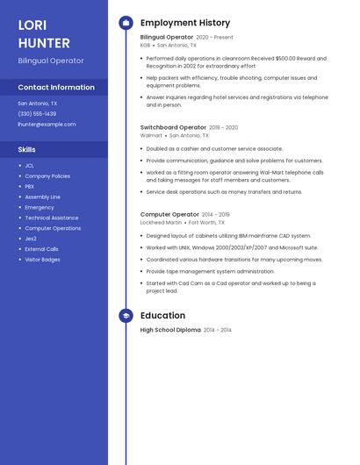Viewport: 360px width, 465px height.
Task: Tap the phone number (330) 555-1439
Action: coord(37,114)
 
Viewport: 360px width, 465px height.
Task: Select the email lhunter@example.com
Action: coord(47,125)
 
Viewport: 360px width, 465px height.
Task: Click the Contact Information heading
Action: coord(56,88)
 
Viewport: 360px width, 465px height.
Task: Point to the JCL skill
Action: coord(30,166)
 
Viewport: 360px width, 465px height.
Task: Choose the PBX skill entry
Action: coord(30,187)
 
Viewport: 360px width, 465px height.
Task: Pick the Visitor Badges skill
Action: coord(42,260)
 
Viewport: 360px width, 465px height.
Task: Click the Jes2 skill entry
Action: coord(31,239)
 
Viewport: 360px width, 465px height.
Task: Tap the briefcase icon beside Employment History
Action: coord(126,23)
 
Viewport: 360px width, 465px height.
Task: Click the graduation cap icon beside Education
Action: coord(126,316)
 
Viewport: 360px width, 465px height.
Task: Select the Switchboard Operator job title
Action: coord(173,127)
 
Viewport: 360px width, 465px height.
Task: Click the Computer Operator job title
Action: coord(169,214)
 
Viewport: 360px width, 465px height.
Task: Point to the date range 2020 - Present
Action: coord(214,38)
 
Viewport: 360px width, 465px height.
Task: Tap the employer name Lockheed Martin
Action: coord(161,223)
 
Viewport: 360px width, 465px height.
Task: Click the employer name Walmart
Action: coord(151,136)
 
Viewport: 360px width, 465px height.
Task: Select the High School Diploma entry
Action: coord(170,330)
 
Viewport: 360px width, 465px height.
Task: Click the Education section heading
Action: coord(162,316)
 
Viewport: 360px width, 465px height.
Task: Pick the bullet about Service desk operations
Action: coord(224,192)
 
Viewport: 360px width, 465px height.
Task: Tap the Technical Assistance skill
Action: coord(52,218)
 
